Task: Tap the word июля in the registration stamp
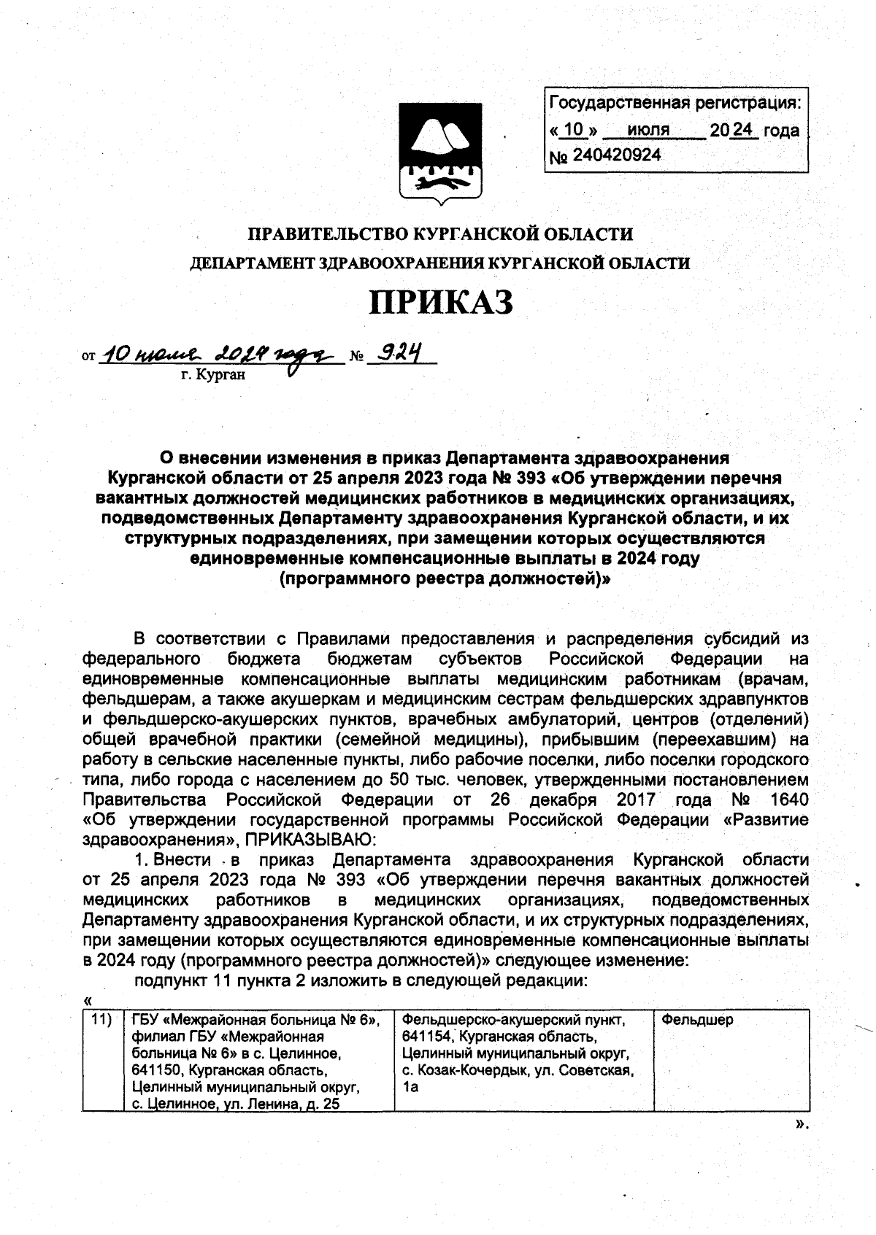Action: [x=648, y=131]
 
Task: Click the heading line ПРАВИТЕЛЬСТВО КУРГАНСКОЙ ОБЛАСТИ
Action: [x=440, y=235]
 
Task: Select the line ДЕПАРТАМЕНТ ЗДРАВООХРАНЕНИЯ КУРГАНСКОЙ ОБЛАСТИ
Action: [x=440, y=263]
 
